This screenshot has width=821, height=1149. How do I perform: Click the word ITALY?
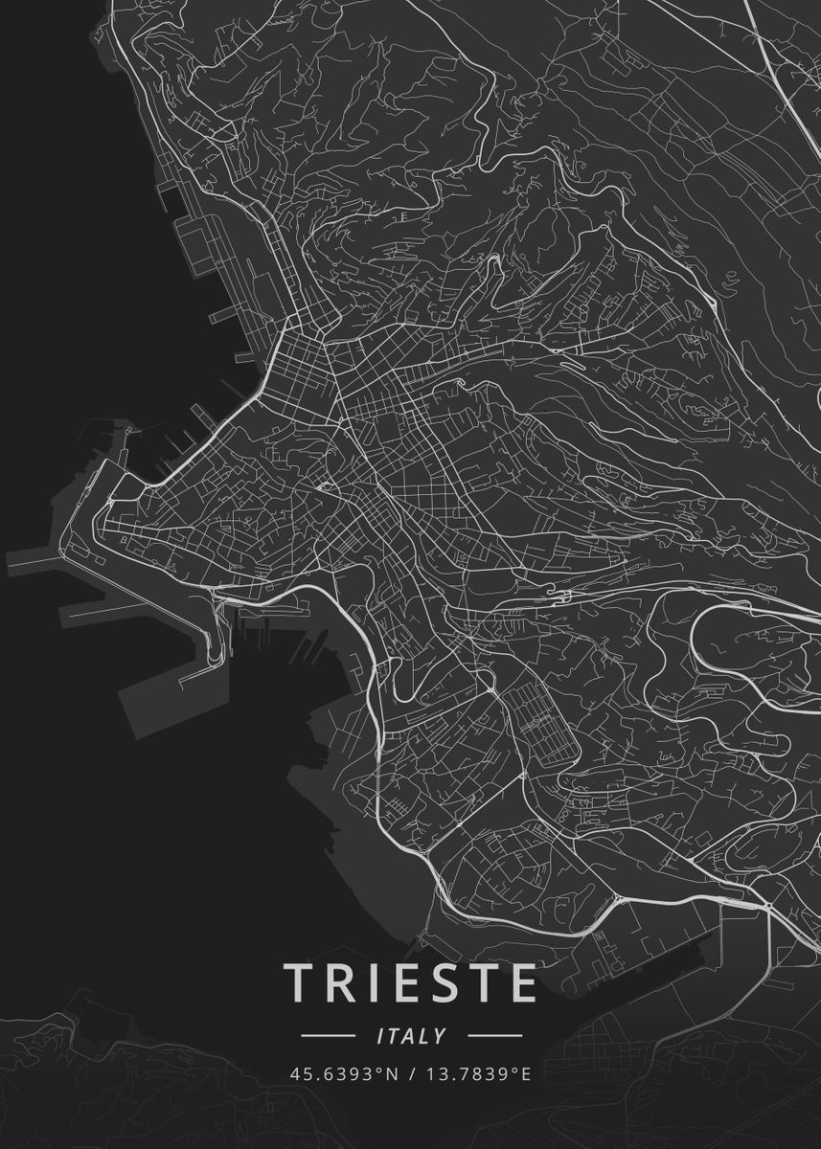(x=411, y=1036)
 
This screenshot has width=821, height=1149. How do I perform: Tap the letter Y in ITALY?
(x=440, y=1036)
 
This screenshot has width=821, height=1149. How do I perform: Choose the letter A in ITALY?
(x=410, y=1036)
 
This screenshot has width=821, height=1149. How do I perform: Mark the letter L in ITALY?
(x=425, y=1036)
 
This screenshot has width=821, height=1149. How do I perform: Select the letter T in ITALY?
(x=394, y=1036)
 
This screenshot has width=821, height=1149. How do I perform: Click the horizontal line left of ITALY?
(x=328, y=1036)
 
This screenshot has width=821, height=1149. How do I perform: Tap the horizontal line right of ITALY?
(x=494, y=1036)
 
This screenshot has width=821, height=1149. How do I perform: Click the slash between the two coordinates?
(x=411, y=1073)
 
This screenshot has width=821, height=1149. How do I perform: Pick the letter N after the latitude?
(x=391, y=1073)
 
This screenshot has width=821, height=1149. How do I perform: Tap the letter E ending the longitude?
(x=525, y=1073)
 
